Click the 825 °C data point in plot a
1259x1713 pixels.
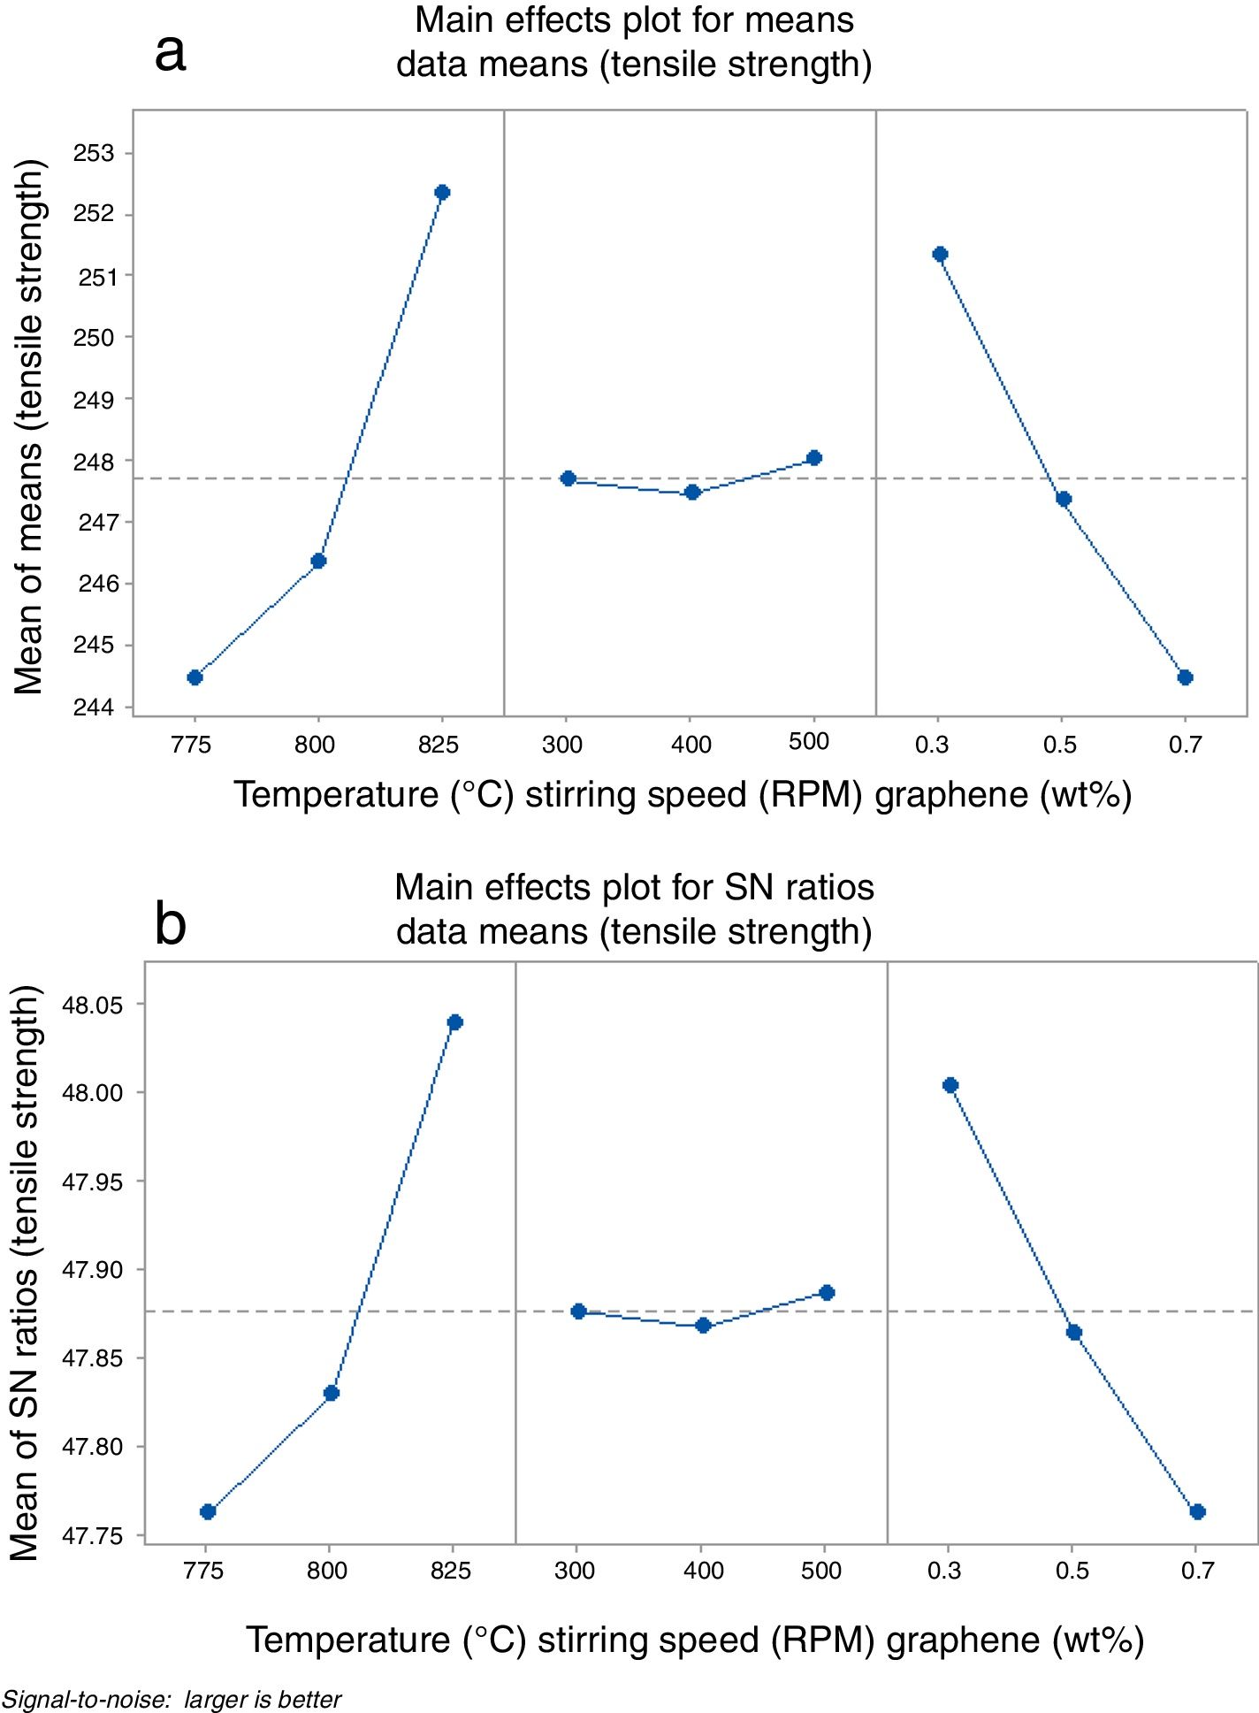[x=442, y=192]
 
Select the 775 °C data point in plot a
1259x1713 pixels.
[x=195, y=677]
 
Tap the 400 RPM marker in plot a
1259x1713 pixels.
[x=692, y=492]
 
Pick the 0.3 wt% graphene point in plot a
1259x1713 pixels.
[x=940, y=255]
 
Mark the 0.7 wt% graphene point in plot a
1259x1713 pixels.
[x=1186, y=677]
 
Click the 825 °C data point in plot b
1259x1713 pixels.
[x=455, y=1022]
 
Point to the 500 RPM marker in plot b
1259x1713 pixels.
[x=827, y=1293]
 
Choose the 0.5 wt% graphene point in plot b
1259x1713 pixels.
[x=1074, y=1333]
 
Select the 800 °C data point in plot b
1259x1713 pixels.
[x=332, y=1393]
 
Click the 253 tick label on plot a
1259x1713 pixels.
[x=94, y=153]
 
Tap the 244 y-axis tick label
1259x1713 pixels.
[x=94, y=707]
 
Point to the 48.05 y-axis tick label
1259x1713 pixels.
[x=92, y=1005]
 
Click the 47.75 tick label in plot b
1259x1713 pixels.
[x=92, y=1536]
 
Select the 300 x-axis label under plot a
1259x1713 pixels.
[x=562, y=745]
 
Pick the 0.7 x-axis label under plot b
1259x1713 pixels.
[x=1198, y=1571]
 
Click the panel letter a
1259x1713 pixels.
[x=170, y=53]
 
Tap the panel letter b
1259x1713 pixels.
[x=170, y=924]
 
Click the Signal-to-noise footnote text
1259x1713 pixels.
[x=171, y=1699]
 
